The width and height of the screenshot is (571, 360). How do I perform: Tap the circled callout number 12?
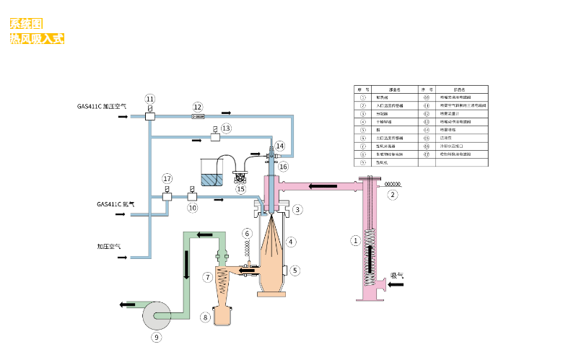click(198, 107)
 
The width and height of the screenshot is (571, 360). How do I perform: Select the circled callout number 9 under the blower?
click(156, 336)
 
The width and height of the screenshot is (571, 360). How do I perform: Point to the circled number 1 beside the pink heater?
click(354, 241)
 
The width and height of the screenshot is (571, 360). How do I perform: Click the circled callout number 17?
click(167, 178)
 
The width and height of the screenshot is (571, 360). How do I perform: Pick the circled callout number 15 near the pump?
click(240, 189)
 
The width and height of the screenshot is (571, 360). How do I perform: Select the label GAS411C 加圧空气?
click(102, 106)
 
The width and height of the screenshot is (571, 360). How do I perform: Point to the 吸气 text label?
click(398, 275)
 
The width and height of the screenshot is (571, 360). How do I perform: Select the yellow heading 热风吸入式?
click(36, 38)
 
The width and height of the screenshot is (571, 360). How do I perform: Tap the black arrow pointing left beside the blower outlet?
click(126, 305)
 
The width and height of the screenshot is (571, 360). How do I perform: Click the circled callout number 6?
click(247, 233)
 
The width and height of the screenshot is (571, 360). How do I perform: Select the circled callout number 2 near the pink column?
click(393, 195)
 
